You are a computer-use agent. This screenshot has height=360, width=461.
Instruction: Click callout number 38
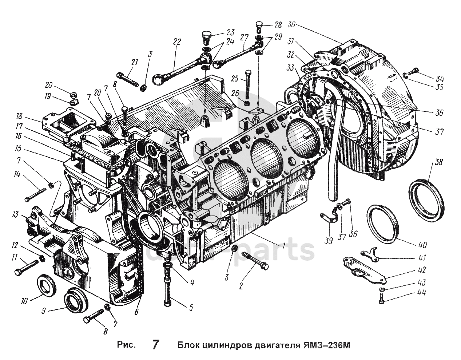[438, 162]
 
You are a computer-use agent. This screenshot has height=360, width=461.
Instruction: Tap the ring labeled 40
[384, 223]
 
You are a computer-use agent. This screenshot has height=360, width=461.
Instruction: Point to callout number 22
[177, 42]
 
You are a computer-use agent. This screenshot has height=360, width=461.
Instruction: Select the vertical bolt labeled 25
[247, 84]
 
